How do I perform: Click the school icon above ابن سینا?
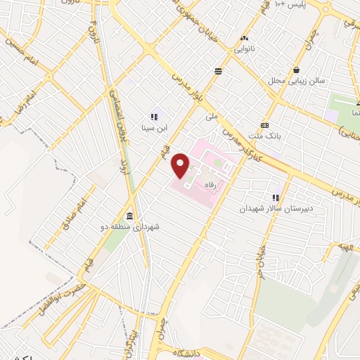[153, 117]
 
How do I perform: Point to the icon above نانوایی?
[244, 38]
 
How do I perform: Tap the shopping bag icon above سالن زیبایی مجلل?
[297, 70]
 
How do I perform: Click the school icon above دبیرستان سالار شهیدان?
[276, 198]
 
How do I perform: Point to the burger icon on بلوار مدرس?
[219, 71]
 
